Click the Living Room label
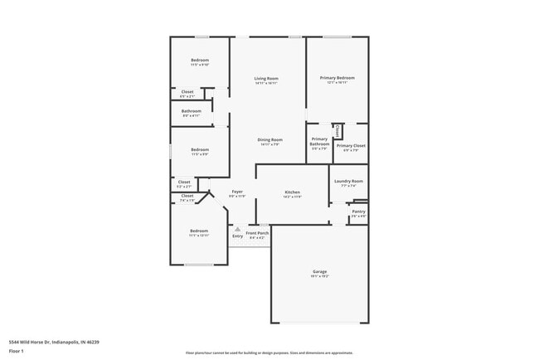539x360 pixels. pyautogui.click(x=266, y=78)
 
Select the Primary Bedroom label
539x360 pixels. pyautogui.click(x=337, y=77)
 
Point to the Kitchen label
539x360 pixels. pyautogui.click(x=292, y=192)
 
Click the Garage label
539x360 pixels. pyautogui.click(x=320, y=271)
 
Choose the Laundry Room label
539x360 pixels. pyautogui.click(x=348, y=181)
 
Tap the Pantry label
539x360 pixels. pyautogui.click(x=358, y=212)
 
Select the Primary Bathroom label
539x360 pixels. pyautogui.click(x=319, y=141)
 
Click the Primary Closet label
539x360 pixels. pyautogui.click(x=351, y=145)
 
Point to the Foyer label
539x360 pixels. pyautogui.click(x=237, y=192)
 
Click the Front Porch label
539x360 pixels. pyautogui.click(x=257, y=233)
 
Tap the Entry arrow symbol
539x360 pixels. pyautogui.click(x=238, y=229)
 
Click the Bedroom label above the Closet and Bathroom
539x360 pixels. pyautogui.click(x=200, y=60)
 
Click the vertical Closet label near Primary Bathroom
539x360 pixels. pyautogui.click(x=337, y=130)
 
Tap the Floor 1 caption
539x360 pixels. pyautogui.click(x=17, y=351)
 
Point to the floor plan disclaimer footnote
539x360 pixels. pyautogui.click(x=269, y=352)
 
